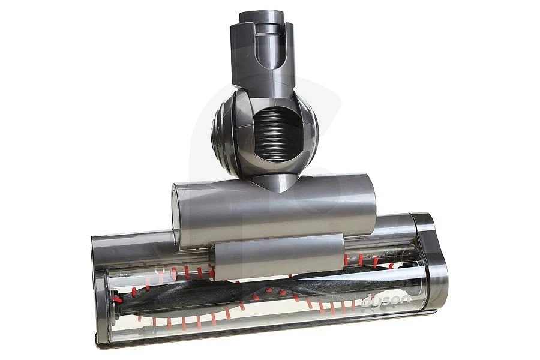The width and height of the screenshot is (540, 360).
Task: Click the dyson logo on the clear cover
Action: coord(386,301)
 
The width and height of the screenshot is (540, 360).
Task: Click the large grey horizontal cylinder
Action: coord(274,210)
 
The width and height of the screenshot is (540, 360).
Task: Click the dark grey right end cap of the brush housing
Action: coord(431,260)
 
